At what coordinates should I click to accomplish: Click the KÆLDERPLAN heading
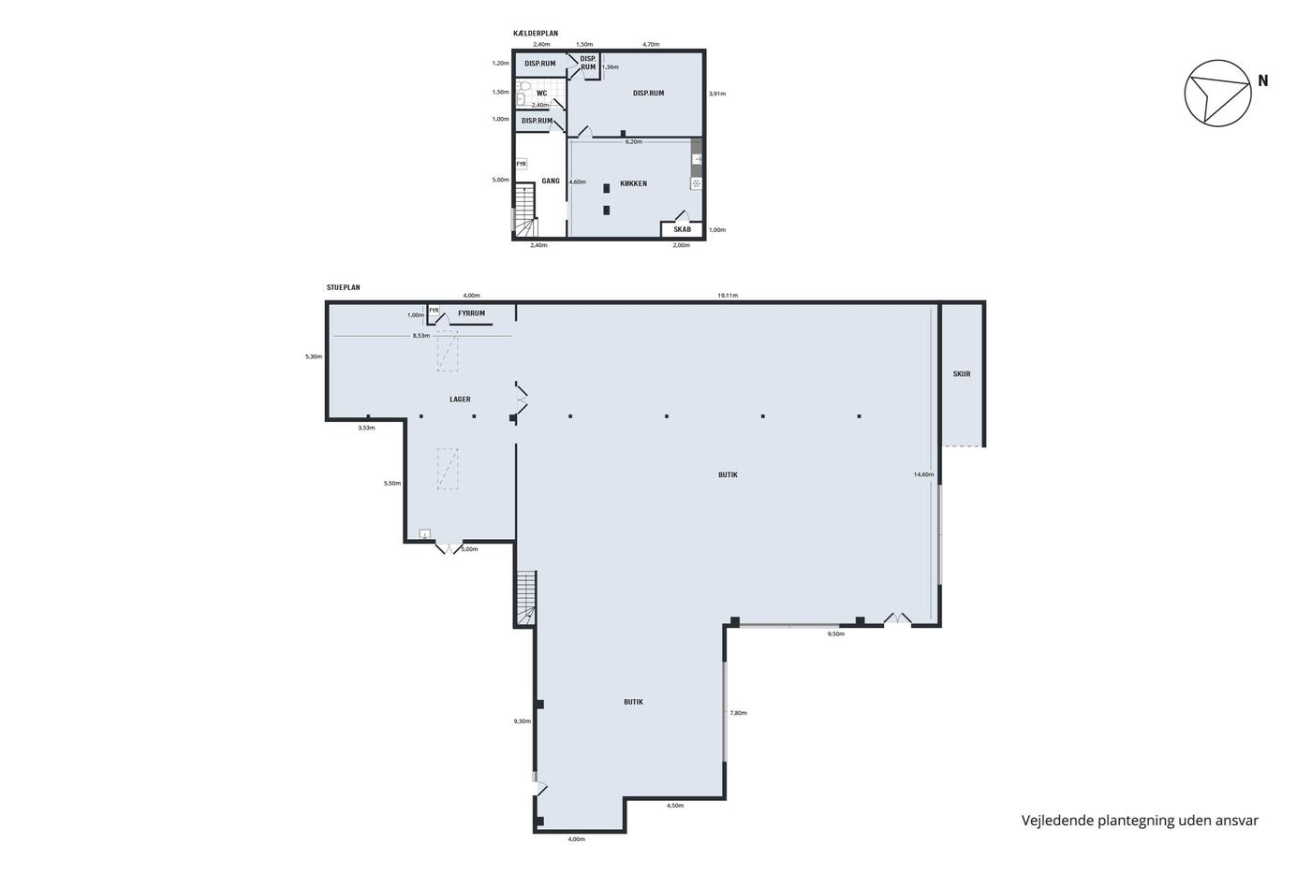[536, 34]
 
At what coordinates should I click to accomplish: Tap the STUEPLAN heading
[344, 287]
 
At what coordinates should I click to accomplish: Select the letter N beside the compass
[1263, 81]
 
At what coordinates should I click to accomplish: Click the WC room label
[542, 94]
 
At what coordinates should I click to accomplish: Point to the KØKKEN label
[634, 183]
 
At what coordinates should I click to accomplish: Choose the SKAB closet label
[683, 229]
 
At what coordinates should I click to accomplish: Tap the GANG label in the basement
[551, 182]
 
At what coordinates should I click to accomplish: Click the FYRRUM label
[472, 313]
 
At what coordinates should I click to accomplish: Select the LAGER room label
[460, 400]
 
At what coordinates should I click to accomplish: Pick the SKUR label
[962, 374]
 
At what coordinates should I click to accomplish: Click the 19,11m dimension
[728, 296]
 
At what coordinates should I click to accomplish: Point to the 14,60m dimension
[923, 474]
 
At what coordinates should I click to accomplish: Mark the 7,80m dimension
[738, 713]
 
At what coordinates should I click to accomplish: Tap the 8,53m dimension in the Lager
[421, 336]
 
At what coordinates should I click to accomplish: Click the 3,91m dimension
[717, 94]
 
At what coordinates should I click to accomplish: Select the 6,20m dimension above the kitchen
[634, 141]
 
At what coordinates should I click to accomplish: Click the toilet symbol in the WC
[524, 86]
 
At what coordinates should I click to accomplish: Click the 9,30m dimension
[523, 721]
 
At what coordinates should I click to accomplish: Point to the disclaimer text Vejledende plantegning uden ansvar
[1140, 821]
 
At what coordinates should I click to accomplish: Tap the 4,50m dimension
[675, 806]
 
